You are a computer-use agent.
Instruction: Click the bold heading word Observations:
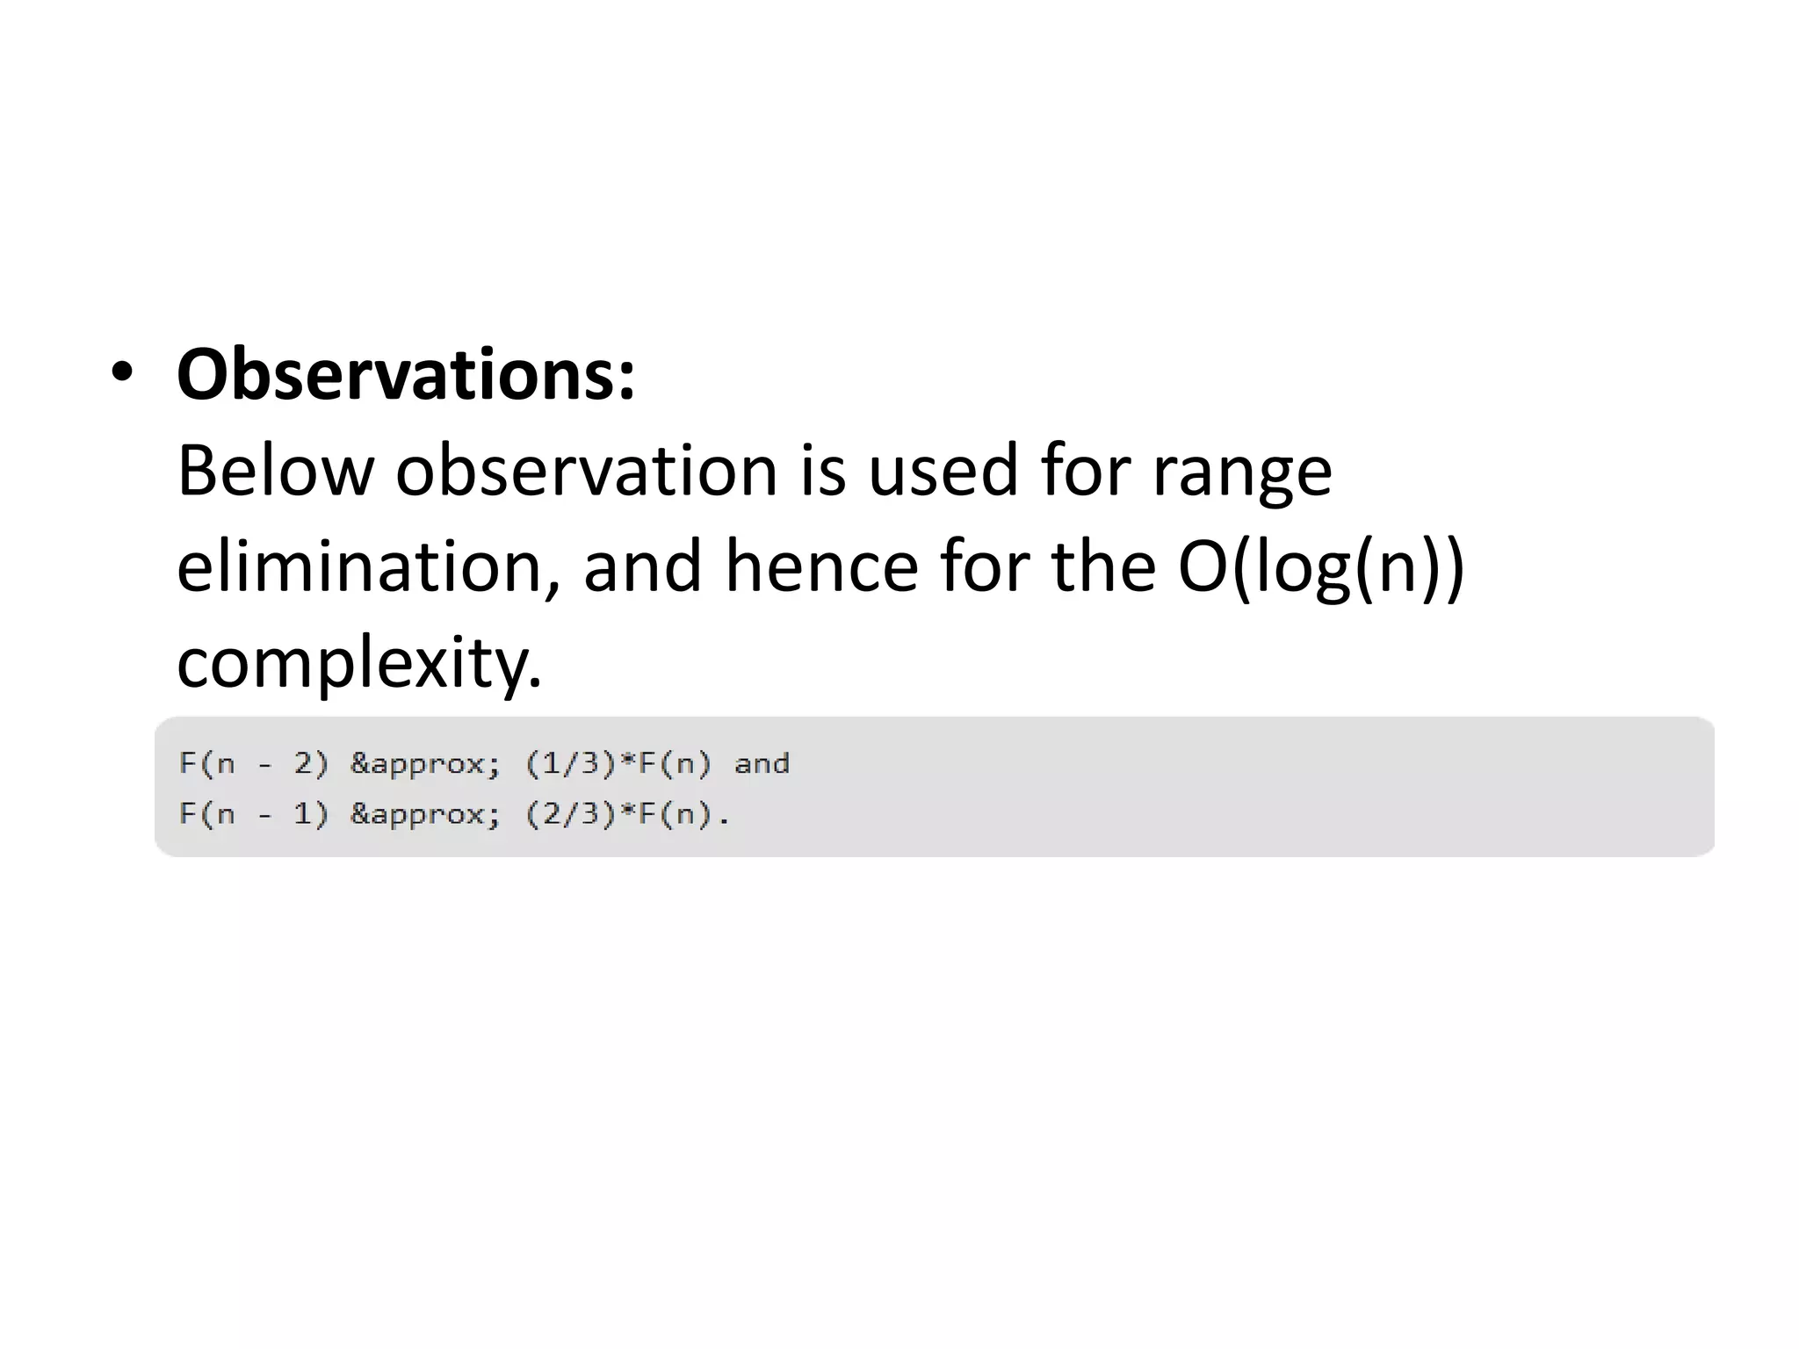tap(406, 376)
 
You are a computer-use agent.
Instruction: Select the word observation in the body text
tap(586, 472)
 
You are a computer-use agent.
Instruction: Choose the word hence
tap(821, 567)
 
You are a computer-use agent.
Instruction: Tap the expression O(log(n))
tap(1321, 569)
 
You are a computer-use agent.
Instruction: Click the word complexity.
tap(359, 664)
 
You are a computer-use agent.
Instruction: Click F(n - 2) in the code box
tap(254, 764)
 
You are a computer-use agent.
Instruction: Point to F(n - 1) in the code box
tap(254, 815)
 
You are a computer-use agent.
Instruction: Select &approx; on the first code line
tap(426, 764)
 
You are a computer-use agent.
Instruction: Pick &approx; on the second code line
tap(426, 815)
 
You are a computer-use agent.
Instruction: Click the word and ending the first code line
tap(762, 764)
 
